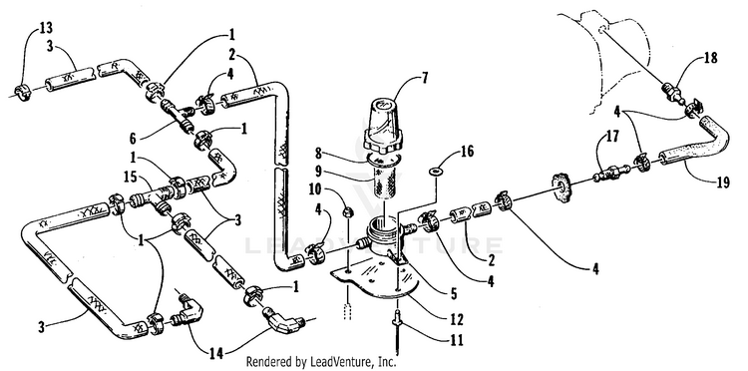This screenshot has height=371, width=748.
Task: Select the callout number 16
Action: [x=467, y=153]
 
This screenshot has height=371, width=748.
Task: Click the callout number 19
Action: [x=723, y=182]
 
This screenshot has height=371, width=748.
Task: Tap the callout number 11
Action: [x=456, y=340]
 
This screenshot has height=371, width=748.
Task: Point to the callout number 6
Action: [x=133, y=139]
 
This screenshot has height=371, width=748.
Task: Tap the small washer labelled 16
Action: [x=436, y=171]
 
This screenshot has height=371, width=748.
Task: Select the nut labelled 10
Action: [x=348, y=209]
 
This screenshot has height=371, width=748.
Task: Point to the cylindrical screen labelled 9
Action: [x=385, y=178]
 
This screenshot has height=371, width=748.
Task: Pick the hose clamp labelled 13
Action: [x=22, y=89]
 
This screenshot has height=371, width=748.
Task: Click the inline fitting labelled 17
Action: [x=608, y=172]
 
